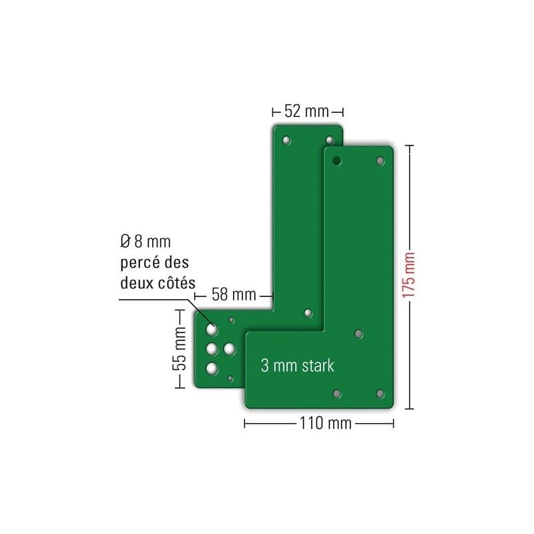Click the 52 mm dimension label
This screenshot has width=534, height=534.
(x=306, y=111)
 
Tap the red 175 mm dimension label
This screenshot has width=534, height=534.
(x=409, y=275)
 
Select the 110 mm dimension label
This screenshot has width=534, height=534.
(x=326, y=423)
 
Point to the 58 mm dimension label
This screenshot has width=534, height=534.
(x=234, y=294)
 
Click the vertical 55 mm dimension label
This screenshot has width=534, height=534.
(x=180, y=348)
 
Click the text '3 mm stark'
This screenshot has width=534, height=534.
(x=297, y=365)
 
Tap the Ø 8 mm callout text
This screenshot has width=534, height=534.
(x=146, y=242)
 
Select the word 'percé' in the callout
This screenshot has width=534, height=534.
(x=140, y=262)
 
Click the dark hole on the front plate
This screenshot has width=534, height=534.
(x=336, y=160)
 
